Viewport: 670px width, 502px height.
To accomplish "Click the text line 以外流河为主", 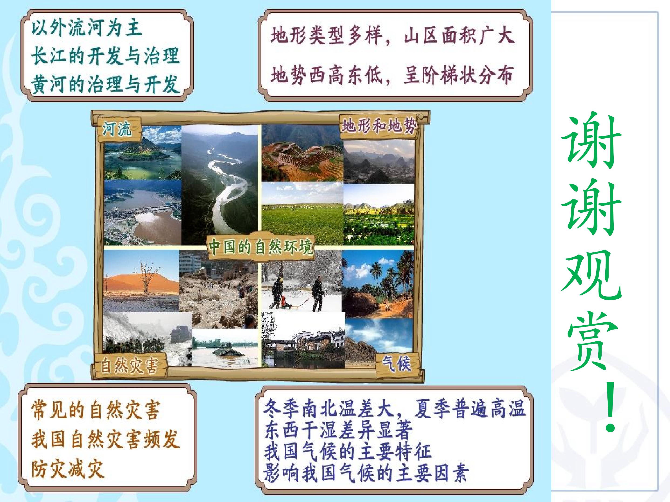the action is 87,28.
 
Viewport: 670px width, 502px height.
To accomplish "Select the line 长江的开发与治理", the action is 105,56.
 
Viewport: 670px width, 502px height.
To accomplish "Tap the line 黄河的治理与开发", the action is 105,84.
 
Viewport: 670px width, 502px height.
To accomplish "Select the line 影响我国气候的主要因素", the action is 366,472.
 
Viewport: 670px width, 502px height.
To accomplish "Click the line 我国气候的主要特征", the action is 348,451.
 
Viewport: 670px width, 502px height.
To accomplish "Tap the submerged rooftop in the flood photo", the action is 223,351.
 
